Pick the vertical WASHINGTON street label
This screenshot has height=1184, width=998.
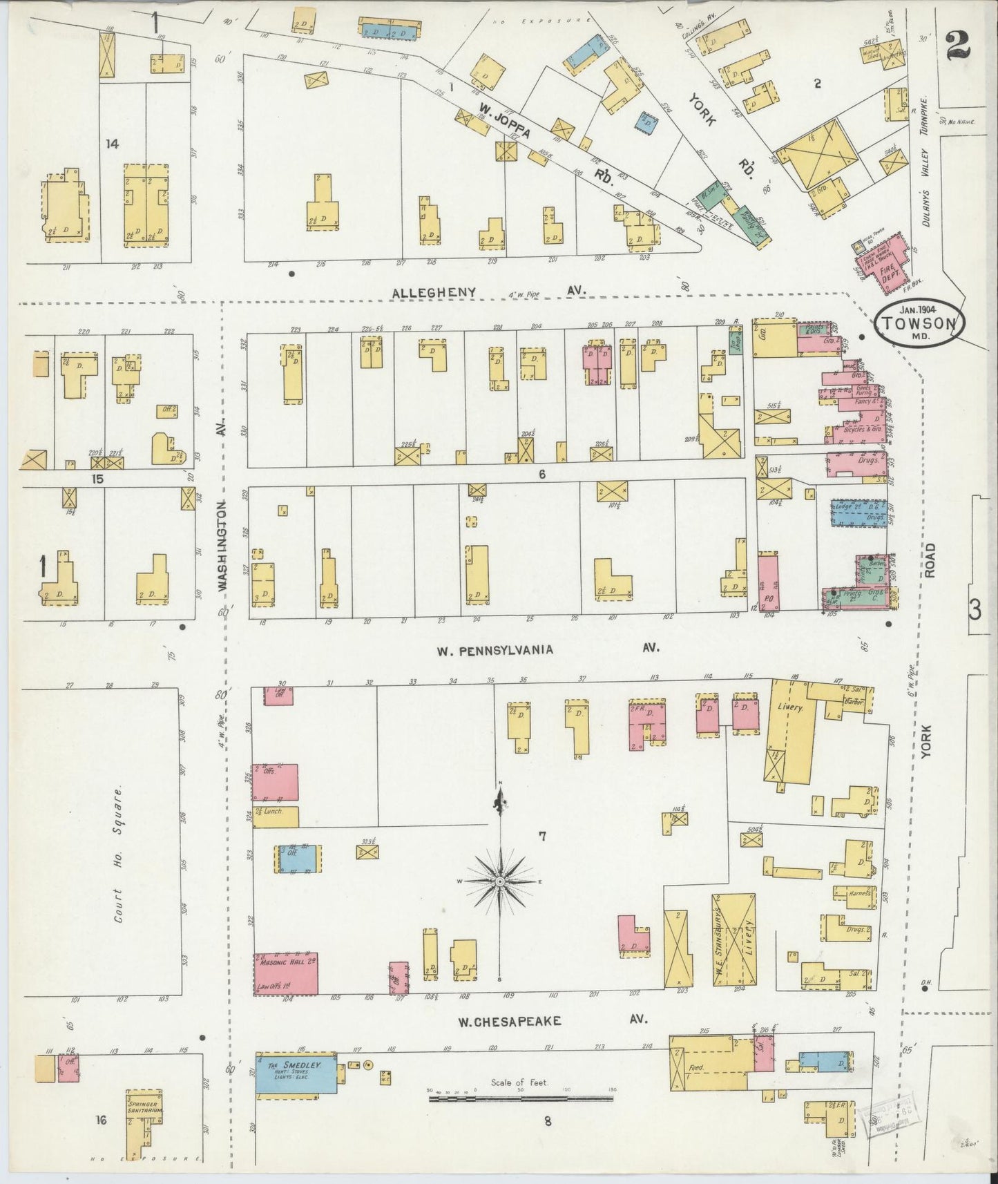222,546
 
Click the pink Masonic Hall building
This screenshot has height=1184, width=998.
286,973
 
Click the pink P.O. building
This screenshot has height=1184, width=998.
767,581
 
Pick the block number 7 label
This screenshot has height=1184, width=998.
543,837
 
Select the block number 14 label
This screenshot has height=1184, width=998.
112,144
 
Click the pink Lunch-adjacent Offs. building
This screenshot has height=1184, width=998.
276,783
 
